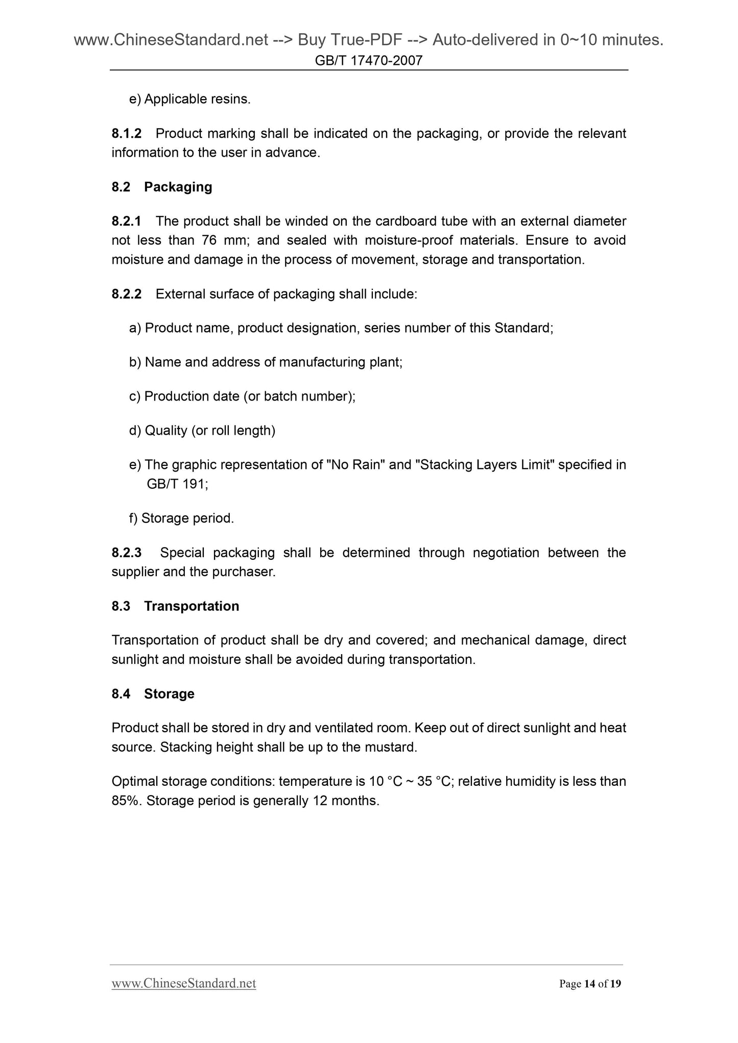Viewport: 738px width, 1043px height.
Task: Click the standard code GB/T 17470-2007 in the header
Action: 369,61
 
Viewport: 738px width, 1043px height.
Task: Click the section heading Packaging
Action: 178,187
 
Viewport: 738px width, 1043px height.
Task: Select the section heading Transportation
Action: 192,606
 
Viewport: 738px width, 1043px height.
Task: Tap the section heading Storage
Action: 169,693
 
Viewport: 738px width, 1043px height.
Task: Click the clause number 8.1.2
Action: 126,134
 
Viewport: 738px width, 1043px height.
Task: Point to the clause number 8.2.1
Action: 126,221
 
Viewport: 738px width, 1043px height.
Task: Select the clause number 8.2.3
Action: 126,553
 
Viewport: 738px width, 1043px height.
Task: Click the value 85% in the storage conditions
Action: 126,801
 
